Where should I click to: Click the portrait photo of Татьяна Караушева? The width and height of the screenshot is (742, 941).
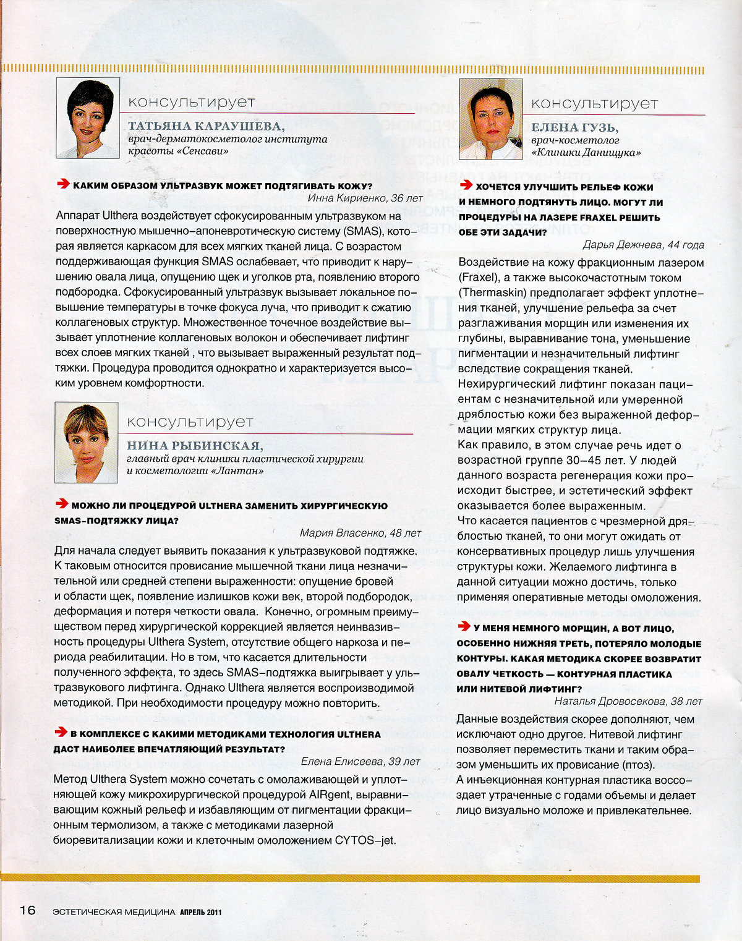(87, 119)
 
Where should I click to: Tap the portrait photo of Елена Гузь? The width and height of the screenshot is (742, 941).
(490, 119)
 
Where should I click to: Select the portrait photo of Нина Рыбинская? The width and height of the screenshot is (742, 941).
(87, 443)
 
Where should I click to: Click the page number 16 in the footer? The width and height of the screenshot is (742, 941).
(27, 910)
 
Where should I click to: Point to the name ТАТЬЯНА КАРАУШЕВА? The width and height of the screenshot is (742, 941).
(206, 126)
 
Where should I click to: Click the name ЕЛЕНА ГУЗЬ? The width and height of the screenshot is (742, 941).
(574, 127)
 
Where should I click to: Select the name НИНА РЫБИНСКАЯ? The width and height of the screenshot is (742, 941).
(195, 446)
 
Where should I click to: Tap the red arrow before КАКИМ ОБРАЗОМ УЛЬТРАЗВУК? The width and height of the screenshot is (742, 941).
(63, 184)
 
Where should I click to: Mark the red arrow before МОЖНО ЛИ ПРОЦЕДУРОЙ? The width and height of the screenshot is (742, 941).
(62, 504)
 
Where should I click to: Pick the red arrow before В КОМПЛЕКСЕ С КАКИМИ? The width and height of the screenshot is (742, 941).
(61, 733)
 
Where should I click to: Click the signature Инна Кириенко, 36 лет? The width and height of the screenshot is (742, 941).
(365, 198)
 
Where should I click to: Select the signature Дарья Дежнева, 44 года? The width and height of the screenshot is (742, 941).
(643, 245)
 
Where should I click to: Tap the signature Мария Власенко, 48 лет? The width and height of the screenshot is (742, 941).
(360, 532)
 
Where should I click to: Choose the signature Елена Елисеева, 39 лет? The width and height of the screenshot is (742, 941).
(360, 761)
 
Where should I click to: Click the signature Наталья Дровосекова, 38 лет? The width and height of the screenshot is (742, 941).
(628, 701)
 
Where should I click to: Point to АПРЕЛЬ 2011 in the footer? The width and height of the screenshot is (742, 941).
(201, 912)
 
